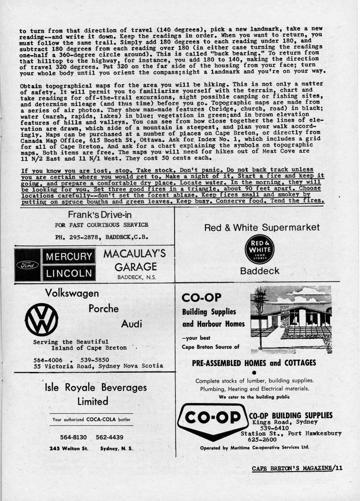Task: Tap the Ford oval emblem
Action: [x=28, y=265]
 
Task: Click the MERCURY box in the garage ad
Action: [x=69, y=257]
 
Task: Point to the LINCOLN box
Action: [x=69, y=273]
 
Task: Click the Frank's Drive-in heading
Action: [x=100, y=214]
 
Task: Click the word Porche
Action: [x=104, y=309]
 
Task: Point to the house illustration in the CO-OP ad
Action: [x=291, y=313]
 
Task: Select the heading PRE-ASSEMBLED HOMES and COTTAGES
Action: [x=254, y=363]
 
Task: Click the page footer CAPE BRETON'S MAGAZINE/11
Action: [x=297, y=468]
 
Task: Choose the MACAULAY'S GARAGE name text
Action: [x=135, y=261]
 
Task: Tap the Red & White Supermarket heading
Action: [x=262, y=228]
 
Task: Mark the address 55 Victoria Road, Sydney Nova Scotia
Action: [x=98, y=366]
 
